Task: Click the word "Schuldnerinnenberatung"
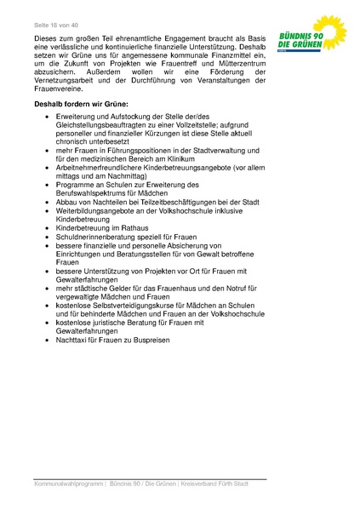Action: coord(98,237)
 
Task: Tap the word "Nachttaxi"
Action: coord(73,340)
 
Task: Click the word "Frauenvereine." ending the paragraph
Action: coord(60,89)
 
